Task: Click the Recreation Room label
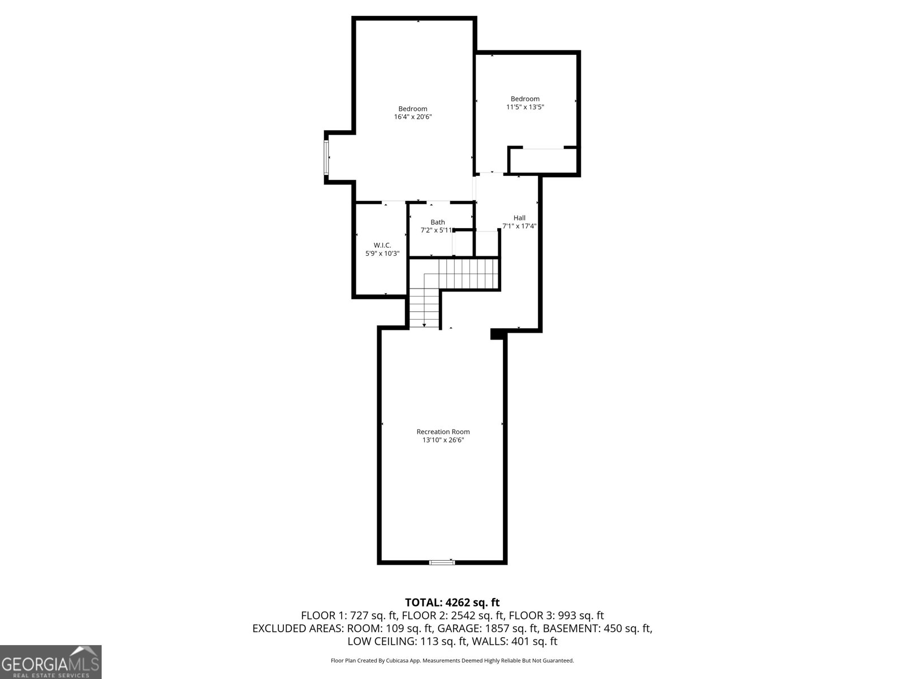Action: pyautogui.click(x=443, y=432)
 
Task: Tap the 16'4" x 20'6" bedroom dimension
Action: pyautogui.click(x=413, y=117)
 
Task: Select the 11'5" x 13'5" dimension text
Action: pyautogui.click(x=525, y=107)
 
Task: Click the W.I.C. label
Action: pyautogui.click(x=382, y=245)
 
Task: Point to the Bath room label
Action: pyautogui.click(x=437, y=222)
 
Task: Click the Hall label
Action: pyautogui.click(x=519, y=218)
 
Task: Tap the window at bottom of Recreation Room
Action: pyautogui.click(x=442, y=562)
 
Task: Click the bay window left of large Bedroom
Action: pyautogui.click(x=326, y=157)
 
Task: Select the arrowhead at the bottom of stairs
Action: pyautogui.click(x=424, y=325)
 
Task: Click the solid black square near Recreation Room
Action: pyautogui.click(x=497, y=334)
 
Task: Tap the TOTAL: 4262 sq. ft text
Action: pyautogui.click(x=452, y=603)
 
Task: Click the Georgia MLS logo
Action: pyautogui.click(x=50, y=662)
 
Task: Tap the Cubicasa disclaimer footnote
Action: pyautogui.click(x=452, y=660)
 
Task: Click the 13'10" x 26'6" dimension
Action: pyautogui.click(x=443, y=440)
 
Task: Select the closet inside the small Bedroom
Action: pyautogui.click(x=543, y=161)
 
